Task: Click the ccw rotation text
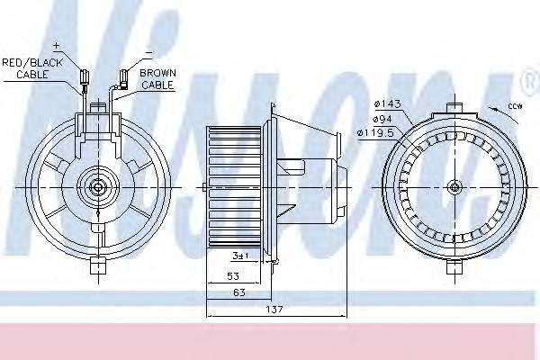click(514, 106)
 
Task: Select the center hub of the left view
click(96, 187)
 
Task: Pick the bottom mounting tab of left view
click(95, 265)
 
